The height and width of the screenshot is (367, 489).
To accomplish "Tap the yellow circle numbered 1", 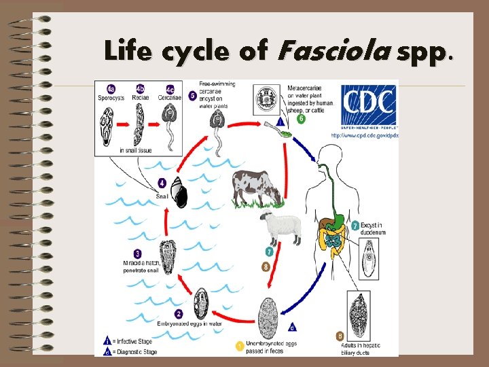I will click(239, 346).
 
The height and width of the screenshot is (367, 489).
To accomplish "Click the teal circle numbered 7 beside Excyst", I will click(357, 225).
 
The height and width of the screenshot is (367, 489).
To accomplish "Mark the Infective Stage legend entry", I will click(132, 340).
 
